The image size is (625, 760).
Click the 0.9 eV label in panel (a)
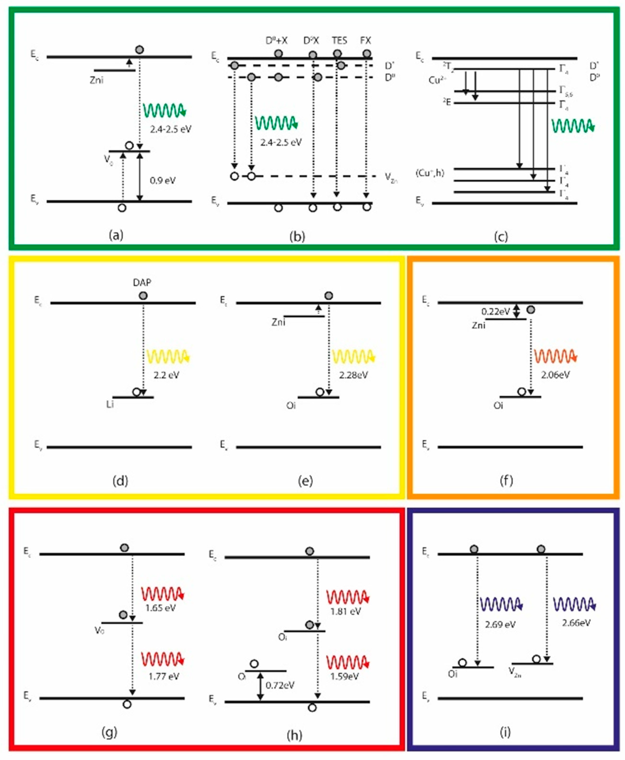click(x=163, y=180)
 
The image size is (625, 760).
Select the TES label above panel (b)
click(x=339, y=40)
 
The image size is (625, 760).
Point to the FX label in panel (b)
click(x=365, y=40)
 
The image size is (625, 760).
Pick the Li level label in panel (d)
click(x=110, y=405)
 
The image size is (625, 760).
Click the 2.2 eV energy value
click(x=166, y=375)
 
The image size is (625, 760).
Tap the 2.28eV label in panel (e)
click(x=353, y=375)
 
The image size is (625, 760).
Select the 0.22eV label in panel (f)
click(x=495, y=311)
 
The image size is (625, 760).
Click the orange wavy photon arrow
click(x=555, y=356)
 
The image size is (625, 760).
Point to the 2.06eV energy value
click(x=555, y=375)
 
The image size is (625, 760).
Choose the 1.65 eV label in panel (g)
click(x=161, y=608)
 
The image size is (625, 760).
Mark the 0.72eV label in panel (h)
click(x=280, y=685)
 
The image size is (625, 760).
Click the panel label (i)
click(x=505, y=732)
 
